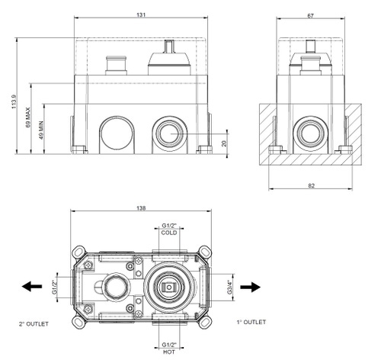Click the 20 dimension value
[223, 143]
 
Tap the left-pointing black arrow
[31, 288]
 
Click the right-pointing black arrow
[248, 288]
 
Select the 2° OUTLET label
[34, 324]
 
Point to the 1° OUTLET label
[251, 323]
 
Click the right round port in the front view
[167, 134]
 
